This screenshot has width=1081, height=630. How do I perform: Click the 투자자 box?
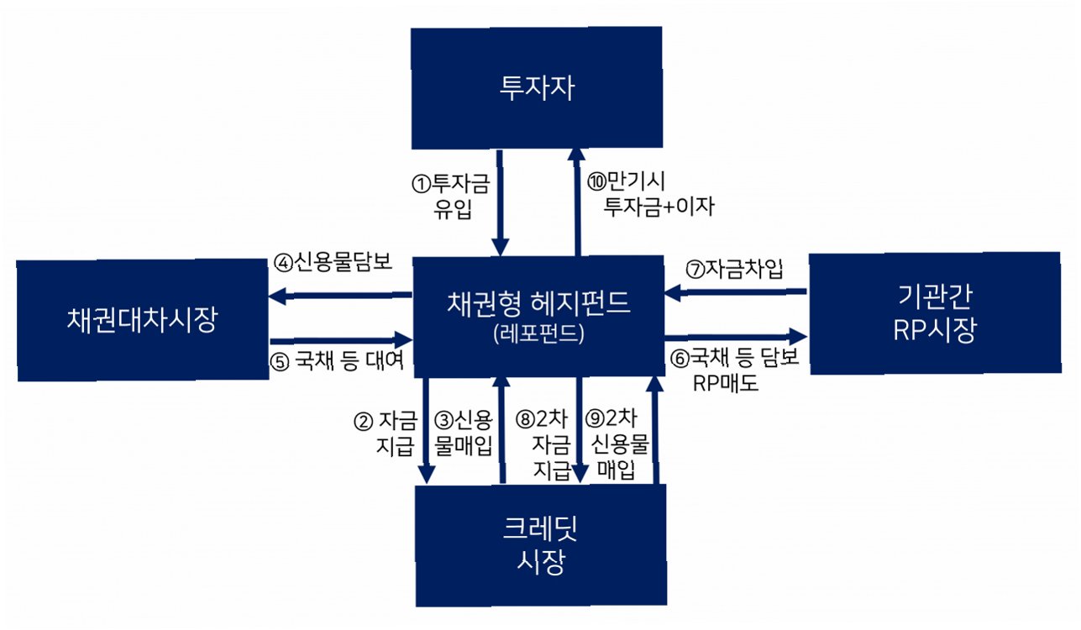(538, 88)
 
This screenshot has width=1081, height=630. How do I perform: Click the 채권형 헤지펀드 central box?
(538, 303)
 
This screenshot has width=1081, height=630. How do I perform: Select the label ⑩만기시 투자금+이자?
(650, 195)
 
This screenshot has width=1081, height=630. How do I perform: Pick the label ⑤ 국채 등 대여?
(339, 360)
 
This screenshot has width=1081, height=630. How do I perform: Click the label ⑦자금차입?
(734, 270)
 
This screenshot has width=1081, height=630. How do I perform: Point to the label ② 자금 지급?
(387, 431)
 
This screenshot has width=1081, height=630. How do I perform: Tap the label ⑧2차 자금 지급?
(545, 443)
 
